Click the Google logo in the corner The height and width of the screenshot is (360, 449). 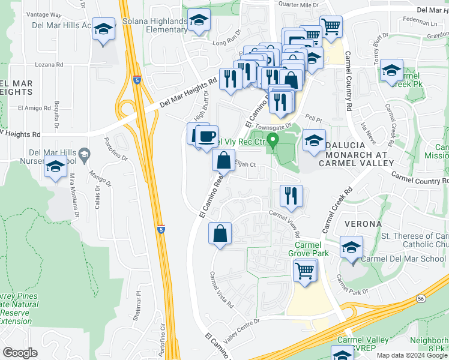tap(20, 353)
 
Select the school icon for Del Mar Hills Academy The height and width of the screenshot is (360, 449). tap(103, 29)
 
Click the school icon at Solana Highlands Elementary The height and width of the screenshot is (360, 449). tap(199, 21)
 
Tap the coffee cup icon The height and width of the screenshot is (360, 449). tap(207, 137)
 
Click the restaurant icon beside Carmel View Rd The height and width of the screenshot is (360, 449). tap(291, 196)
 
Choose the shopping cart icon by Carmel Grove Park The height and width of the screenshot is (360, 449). tap(305, 269)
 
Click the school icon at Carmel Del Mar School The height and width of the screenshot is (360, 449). tap(351, 247)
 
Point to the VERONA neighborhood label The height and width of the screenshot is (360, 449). tap(363, 224)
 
